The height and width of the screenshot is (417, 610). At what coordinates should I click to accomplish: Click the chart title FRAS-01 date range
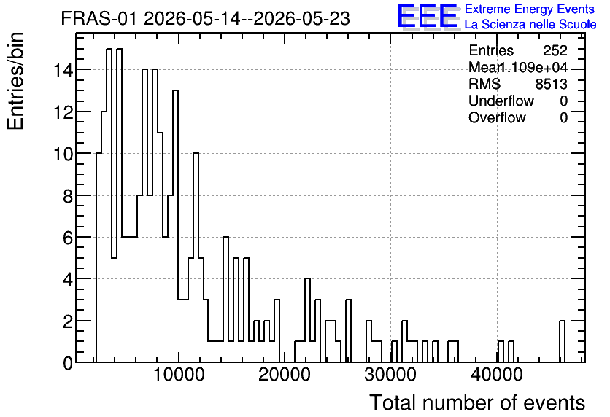tap(206, 18)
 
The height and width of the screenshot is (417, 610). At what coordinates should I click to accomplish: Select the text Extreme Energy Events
tap(530, 9)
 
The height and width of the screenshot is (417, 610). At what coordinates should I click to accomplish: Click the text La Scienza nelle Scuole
tap(530, 25)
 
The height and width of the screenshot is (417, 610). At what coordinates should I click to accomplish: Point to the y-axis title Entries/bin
tap(15, 81)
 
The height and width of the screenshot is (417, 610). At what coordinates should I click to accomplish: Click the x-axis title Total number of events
tap(477, 402)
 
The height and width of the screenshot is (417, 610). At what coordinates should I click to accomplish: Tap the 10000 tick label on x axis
tap(179, 375)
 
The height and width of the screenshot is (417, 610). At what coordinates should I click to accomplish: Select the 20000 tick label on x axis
tap(285, 375)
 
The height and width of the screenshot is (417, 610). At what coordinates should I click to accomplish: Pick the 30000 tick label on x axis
tap(390, 375)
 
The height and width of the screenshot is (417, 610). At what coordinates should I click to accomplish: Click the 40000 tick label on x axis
tap(496, 375)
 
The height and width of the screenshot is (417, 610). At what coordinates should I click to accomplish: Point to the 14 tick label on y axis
tap(63, 70)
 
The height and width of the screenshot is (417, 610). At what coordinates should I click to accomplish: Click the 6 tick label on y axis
tap(68, 238)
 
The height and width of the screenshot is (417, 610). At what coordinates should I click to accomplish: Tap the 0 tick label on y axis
tap(68, 363)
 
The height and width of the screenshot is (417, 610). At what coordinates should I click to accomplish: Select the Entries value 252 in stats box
tap(555, 50)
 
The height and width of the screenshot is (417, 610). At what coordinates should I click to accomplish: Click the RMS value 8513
tap(551, 84)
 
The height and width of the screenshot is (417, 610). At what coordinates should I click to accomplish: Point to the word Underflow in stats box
tap(501, 101)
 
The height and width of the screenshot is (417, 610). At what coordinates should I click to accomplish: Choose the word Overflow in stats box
tap(497, 117)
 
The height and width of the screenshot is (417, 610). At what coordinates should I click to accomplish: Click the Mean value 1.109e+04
tap(533, 67)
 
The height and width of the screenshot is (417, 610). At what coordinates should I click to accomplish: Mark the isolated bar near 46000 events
tap(562, 341)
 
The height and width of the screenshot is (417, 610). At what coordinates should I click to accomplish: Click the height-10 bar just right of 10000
tap(196, 257)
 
